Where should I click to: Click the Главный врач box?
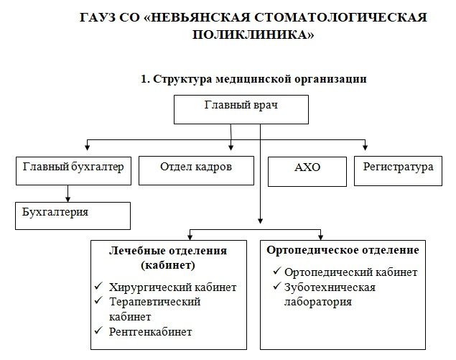(241, 109)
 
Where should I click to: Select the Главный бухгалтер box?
(73, 171)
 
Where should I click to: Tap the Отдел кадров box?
(196, 170)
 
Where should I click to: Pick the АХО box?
(307, 172)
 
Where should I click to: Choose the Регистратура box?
(398, 171)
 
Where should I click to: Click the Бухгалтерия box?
(73, 216)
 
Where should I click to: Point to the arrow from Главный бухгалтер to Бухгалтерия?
(68, 193)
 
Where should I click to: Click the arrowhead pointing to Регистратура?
(366, 147)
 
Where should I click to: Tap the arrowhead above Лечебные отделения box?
(190, 237)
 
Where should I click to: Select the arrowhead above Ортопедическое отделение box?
(320, 237)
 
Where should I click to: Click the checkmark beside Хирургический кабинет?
(98, 285)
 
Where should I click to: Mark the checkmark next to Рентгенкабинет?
(98, 330)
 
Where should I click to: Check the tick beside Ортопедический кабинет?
(277, 271)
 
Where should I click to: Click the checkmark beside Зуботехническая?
(277, 286)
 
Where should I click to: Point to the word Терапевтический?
(154, 303)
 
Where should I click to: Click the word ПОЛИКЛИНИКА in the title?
(253, 34)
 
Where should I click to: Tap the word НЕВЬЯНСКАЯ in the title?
(197, 17)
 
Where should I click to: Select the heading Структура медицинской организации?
(260, 79)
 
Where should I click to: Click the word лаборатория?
(318, 302)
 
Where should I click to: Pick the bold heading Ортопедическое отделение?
(343, 250)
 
